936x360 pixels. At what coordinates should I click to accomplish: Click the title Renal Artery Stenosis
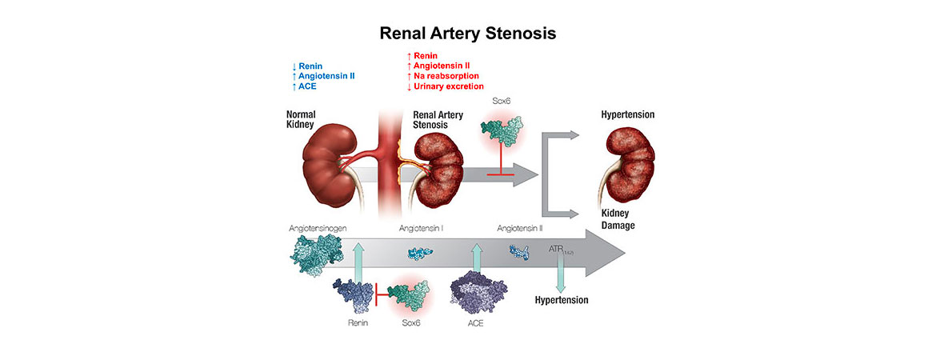pyautogui.click(x=467, y=34)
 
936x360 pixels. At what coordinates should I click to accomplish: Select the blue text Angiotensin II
pyautogui.click(x=323, y=76)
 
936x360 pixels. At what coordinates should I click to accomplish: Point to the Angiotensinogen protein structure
pyautogui.click(x=315, y=254)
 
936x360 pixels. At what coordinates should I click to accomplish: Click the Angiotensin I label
pyautogui.click(x=421, y=228)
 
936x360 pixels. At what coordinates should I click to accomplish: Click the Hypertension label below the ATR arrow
pyautogui.click(x=561, y=301)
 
